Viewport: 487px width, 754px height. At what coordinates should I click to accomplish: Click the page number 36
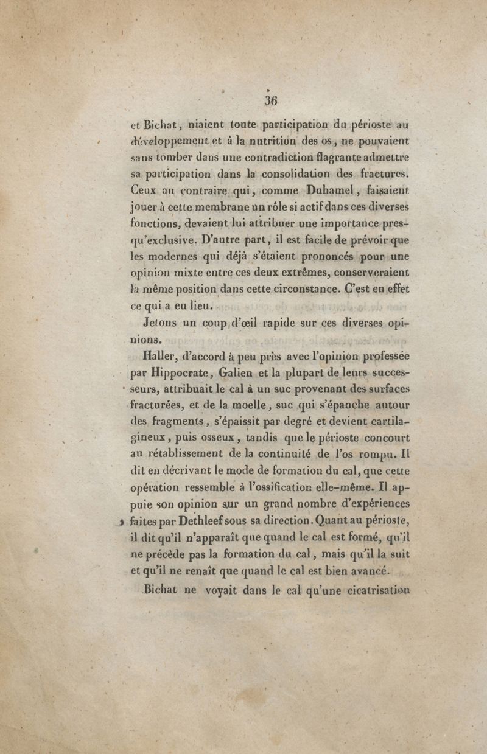point(270,100)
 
